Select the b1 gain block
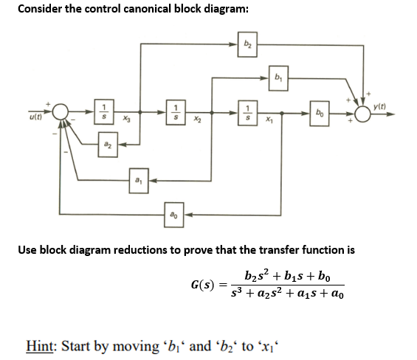tap(278, 76)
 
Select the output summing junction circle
tap(362, 114)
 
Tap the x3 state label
tap(127, 120)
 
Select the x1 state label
tap(270, 120)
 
